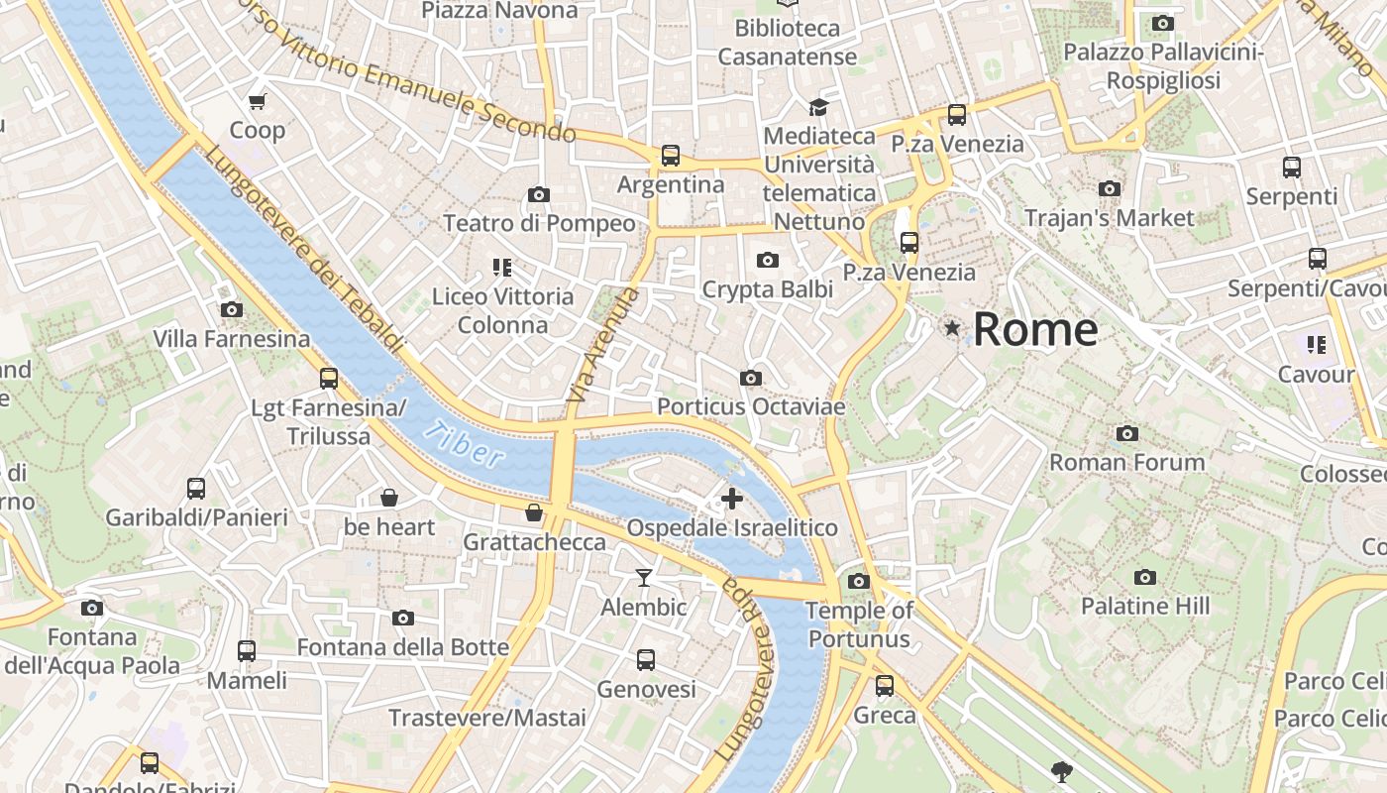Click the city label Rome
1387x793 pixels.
(1035, 329)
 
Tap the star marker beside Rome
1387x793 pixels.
(952, 327)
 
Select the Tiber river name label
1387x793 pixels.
(463, 443)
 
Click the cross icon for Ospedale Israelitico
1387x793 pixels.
(731, 498)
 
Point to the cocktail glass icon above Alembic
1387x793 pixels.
(644, 577)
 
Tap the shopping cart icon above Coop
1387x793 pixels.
(258, 101)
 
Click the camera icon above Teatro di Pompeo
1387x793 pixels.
(539, 194)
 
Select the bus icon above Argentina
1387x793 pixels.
(671, 156)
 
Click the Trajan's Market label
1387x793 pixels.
(1109, 217)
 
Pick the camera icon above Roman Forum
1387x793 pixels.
(1126, 433)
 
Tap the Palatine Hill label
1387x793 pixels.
(1144, 606)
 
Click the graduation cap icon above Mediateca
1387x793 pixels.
(818, 107)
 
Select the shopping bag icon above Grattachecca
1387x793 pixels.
(534, 512)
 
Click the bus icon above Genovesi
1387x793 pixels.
(646, 659)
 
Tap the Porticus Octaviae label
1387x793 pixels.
(751, 406)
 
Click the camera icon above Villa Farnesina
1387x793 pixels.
(231, 309)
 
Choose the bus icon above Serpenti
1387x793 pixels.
(1291, 167)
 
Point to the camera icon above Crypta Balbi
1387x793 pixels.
(767, 260)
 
